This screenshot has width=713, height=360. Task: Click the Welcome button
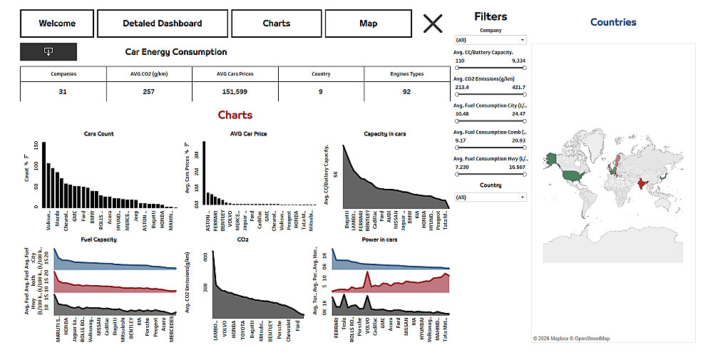[57, 24]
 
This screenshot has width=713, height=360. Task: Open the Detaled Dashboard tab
[162, 24]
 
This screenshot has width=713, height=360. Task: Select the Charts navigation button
[276, 24]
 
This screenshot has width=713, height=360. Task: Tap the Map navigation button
[368, 24]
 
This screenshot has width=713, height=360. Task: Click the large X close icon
[433, 24]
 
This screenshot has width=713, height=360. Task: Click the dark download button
[48, 51]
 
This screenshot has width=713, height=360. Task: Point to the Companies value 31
[63, 91]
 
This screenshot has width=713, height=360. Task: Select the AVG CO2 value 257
[148, 91]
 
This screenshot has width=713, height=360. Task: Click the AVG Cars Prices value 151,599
[235, 91]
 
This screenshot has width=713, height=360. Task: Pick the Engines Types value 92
[406, 91]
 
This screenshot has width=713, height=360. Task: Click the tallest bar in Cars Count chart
[43, 175]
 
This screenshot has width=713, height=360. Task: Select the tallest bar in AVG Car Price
[204, 175]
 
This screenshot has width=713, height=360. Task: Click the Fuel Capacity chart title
[99, 240]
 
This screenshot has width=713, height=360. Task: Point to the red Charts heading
[235, 115]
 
